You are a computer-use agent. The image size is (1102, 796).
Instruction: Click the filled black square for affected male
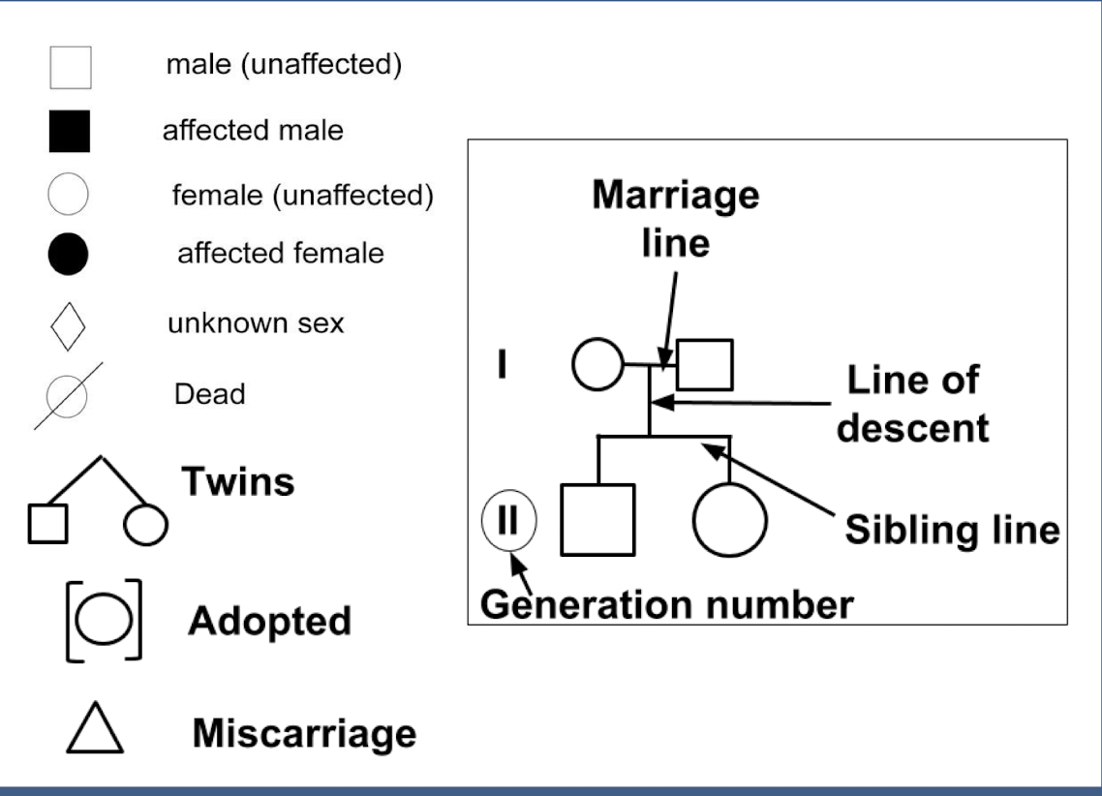(x=69, y=132)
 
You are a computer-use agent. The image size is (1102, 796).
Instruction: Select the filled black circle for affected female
(x=68, y=255)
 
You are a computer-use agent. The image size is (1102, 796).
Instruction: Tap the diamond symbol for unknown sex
(x=68, y=325)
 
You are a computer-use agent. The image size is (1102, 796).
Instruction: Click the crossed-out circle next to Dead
(x=68, y=394)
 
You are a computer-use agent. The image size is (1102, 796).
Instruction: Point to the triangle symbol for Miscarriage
(x=94, y=729)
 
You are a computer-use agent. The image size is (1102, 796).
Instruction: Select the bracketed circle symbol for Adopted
(x=103, y=621)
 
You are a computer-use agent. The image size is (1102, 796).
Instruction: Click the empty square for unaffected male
(x=70, y=68)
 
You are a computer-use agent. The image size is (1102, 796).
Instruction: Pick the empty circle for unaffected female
(x=68, y=194)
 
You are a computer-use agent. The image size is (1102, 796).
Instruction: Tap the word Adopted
(x=268, y=621)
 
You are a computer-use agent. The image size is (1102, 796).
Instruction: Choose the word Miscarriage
(x=304, y=733)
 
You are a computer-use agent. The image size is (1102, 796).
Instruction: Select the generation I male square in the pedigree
(x=704, y=364)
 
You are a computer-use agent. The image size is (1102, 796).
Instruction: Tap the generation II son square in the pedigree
(x=598, y=519)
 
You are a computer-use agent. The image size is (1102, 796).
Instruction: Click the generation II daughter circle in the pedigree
(x=729, y=519)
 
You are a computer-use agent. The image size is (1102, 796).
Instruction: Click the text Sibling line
(x=952, y=530)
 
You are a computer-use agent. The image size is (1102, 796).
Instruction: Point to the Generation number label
(x=667, y=604)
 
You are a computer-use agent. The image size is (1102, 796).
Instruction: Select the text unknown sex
(x=255, y=322)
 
